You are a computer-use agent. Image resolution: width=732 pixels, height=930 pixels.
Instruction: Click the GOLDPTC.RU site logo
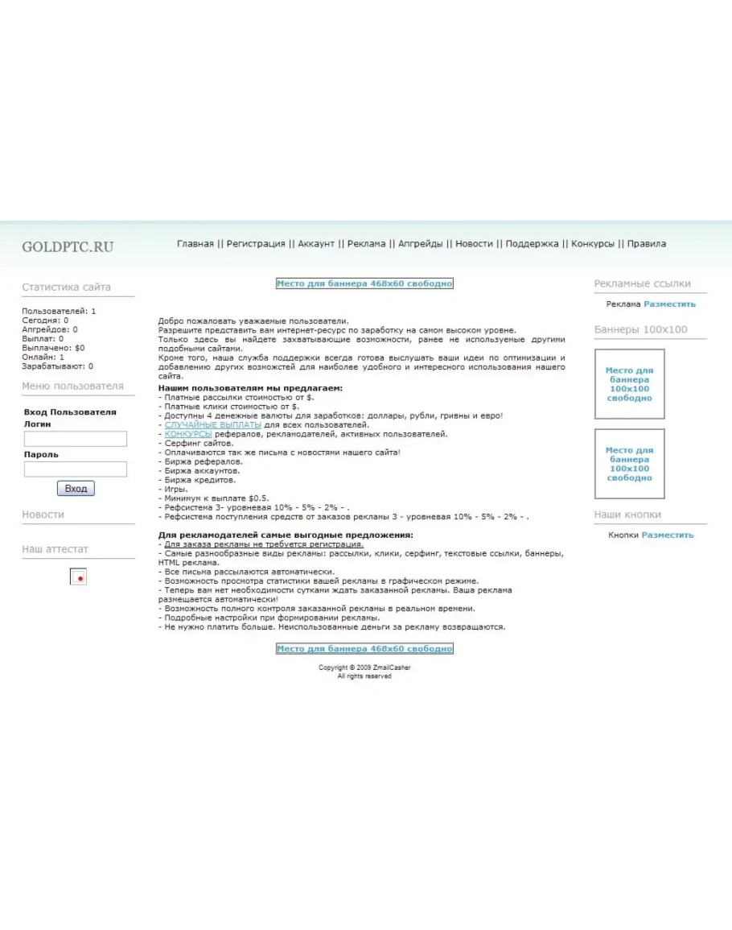pyautogui.click(x=68, y=247)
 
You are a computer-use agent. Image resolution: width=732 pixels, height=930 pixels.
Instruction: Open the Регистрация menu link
pyautogui.click(x=256, y=244)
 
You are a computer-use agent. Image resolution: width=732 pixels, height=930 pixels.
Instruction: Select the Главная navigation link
pyautogui.click(x=195, y=244)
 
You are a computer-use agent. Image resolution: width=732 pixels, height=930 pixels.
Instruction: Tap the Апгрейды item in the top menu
pyautogui.click(x=420, y=244)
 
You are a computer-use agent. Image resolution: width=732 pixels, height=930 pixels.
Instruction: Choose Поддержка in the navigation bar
pyautogui.click(x=532, y=244)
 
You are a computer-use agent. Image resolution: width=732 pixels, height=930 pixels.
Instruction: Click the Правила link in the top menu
pyautogui.click(x=647, y=244)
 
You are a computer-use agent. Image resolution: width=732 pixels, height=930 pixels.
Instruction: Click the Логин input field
pyautogui.click(x=76, y=439)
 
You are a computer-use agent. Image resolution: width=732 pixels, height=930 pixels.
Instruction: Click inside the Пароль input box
pyautogui.click(x=76, y=469)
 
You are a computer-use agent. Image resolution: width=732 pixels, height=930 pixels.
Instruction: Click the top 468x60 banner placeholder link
pyautogui.click(x=364, y=283)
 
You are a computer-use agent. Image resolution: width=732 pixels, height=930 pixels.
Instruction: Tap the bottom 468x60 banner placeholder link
pyautogui.click(x=364, y=649)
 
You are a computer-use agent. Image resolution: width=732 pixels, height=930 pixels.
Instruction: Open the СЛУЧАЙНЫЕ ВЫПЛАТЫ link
pyautogui.click(x=213, y=424)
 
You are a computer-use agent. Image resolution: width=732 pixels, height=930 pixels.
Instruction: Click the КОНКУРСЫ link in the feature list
pyautogui.click(x=188, y=434)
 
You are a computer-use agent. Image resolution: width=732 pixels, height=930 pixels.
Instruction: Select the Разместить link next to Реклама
pyautogui.click(x=669, y=304)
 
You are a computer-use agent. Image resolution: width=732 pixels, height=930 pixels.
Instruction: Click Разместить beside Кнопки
pyautogui.click(x=667, y=535)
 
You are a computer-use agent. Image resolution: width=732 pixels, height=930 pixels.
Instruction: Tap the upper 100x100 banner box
pyautogui.click(x=629, y=384)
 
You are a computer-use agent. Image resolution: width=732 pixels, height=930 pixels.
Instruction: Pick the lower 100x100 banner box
pyautogui.click(x=629, y=464)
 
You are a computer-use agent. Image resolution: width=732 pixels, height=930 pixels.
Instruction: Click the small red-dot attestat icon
pyautogui.click(x=79, y=577)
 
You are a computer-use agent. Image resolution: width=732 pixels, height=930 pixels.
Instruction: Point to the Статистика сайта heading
pyautogui.click(x=67, y=287)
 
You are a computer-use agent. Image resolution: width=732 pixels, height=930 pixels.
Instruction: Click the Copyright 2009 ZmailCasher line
pyautogui.click(x=364, y=668)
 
